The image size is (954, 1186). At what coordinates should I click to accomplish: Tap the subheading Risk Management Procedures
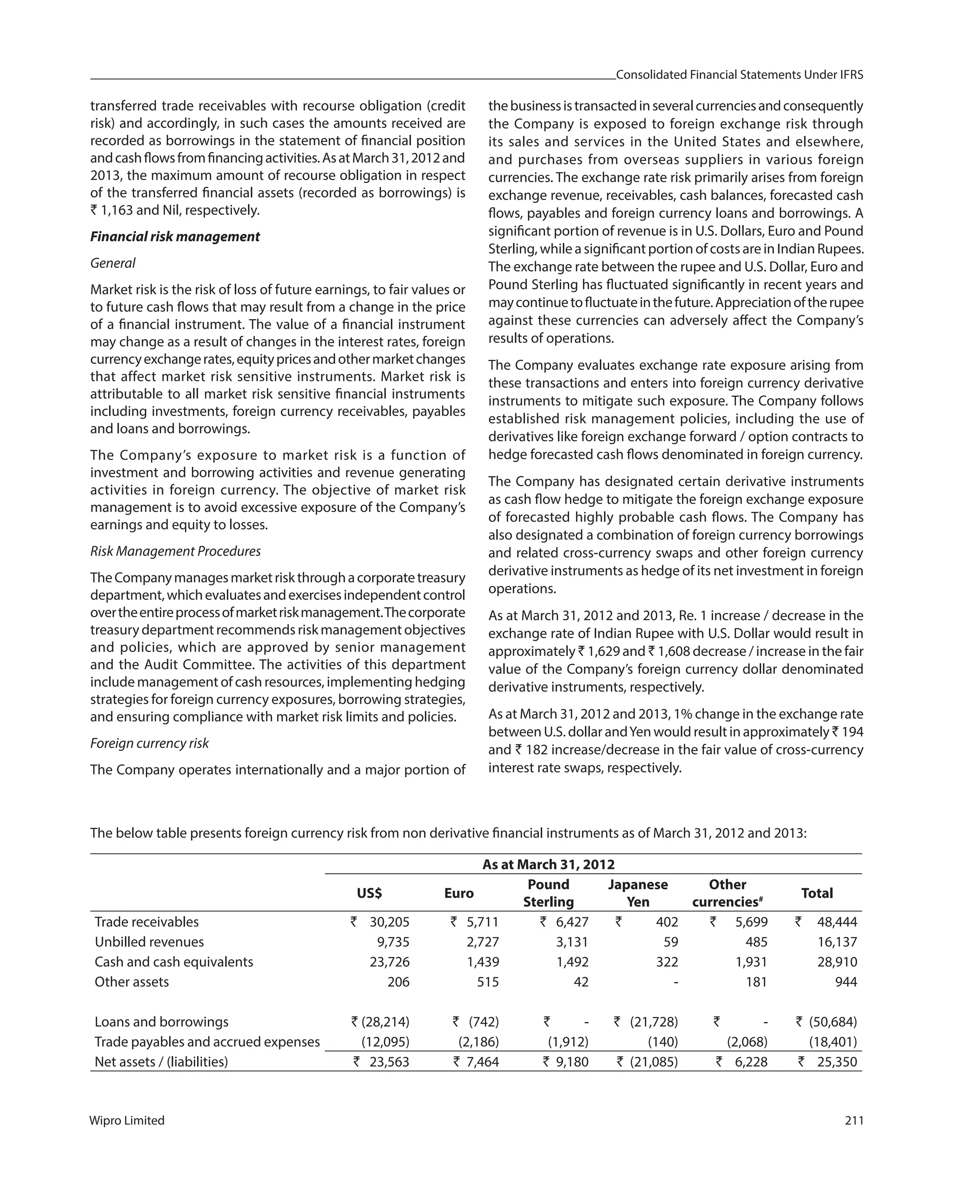pyautogui.click(x=175, y=551)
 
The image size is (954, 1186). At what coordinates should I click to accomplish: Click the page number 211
pyautogui.click(x=853, y=1120)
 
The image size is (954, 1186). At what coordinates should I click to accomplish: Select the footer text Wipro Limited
pyautogui.click(x=127, y=1120)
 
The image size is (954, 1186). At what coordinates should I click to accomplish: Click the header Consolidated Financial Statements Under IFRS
pyautogui.click(x=739, y=75)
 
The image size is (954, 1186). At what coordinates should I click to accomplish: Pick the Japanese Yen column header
pyautogui.click(x=637, y=893)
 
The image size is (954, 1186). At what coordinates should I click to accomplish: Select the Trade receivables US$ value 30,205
pyautogui.click(x=389, y=922)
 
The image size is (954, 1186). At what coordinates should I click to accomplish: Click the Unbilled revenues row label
pyautogui.click(x=149, y=942)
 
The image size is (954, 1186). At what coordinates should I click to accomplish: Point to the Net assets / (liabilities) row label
pyautogui.click(x=161, y=1062)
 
